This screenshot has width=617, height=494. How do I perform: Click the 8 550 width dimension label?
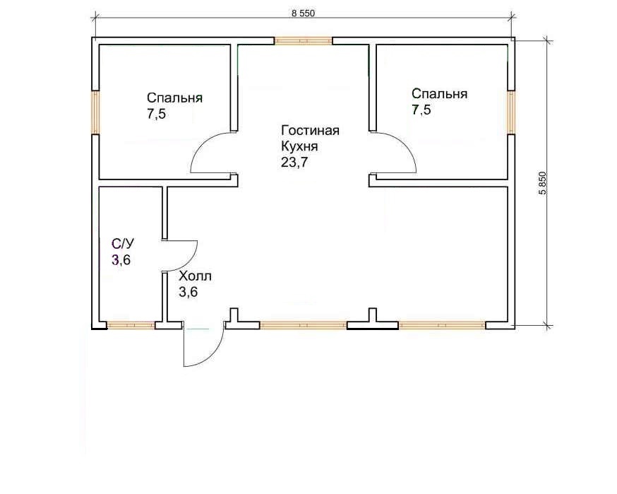pos(303,13)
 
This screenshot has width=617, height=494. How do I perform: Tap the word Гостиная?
pos(311,131)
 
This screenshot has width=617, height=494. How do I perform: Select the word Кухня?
pos(299,146)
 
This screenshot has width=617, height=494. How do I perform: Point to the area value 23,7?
pos(294,163)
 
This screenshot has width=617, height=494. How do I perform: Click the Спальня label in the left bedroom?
pos(174,98)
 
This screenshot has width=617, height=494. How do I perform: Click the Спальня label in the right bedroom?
pos(440,94)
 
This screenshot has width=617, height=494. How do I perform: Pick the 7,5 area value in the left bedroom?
pos(157,114)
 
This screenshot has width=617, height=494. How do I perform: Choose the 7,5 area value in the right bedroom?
pos(421,110)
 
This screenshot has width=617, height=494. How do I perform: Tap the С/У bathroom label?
pos(123,244)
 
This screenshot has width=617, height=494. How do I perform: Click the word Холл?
pos(195,276)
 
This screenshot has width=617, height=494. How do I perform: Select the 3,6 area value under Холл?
pos(188,293)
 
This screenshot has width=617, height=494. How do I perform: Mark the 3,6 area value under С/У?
pos(121,260)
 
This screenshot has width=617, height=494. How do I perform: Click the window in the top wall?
pos(304,40)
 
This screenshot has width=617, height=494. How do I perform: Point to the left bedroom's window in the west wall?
pos(95,112)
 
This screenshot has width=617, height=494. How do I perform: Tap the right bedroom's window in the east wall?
pos(511,112)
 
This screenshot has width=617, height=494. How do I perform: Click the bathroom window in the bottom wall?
pos(131,325)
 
